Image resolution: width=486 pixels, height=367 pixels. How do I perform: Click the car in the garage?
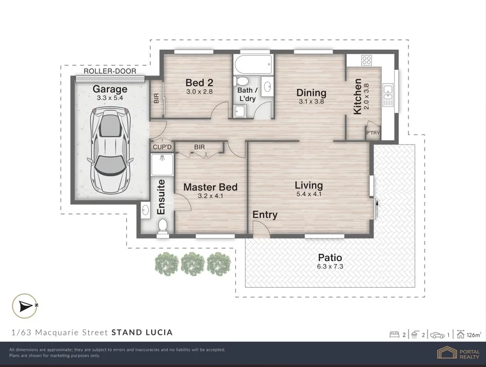point(110,151)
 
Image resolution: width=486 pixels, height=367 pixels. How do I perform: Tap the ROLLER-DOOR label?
point(110,71)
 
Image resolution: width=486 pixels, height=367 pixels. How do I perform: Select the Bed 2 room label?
point(199,83)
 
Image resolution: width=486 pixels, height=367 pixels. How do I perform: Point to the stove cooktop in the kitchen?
point(367,60)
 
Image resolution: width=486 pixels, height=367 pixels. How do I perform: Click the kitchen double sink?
point(388,95)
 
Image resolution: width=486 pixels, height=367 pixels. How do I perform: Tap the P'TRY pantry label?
point(373,133)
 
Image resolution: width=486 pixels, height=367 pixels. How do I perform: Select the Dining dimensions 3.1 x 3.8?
point(311,101)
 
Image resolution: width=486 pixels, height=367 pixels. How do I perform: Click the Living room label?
point(308,185)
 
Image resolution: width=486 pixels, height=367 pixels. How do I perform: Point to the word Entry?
point(265,214)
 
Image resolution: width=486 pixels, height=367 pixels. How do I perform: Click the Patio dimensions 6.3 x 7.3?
point(330,266)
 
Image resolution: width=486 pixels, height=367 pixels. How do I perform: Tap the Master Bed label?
point(211,187)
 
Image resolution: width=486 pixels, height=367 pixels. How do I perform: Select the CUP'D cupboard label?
point(162,147)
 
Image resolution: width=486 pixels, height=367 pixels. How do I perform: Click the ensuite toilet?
point(162,226)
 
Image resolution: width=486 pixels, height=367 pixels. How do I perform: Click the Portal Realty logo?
point(458,353)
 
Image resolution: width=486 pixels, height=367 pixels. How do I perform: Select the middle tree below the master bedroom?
point(193,263)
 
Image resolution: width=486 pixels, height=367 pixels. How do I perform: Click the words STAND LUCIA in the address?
point(142,333)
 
